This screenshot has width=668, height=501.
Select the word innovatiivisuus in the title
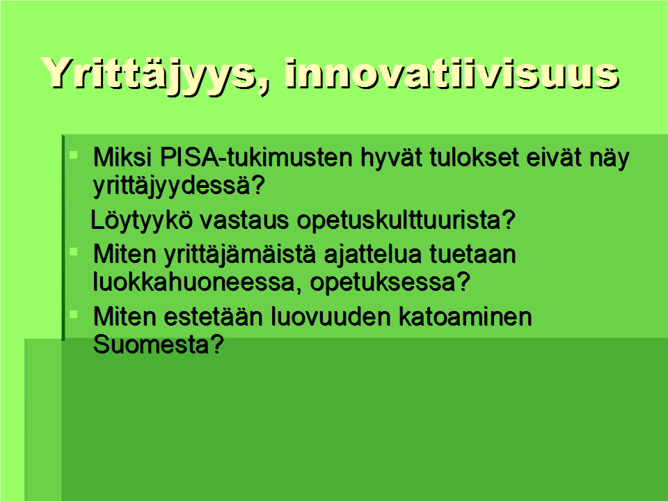coord(452,72)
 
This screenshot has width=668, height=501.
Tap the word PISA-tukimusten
coord(257,158)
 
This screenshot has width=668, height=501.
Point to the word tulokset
coord(474,157)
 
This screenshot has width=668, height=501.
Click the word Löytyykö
coord(141,221)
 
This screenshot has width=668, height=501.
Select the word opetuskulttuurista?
coord(406,221)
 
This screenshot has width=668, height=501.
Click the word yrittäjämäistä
coord(240,255)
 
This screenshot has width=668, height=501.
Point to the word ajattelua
coord(373,255)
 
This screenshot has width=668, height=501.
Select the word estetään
coord(213,317)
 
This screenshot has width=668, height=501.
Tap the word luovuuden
coord(331,317)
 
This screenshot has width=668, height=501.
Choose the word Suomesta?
coord(159,344)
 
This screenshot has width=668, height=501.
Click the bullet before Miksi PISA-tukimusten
coord(74,154)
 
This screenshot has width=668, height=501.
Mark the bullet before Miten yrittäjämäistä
coord(74,252)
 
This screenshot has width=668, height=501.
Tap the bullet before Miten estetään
coord(74,315)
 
